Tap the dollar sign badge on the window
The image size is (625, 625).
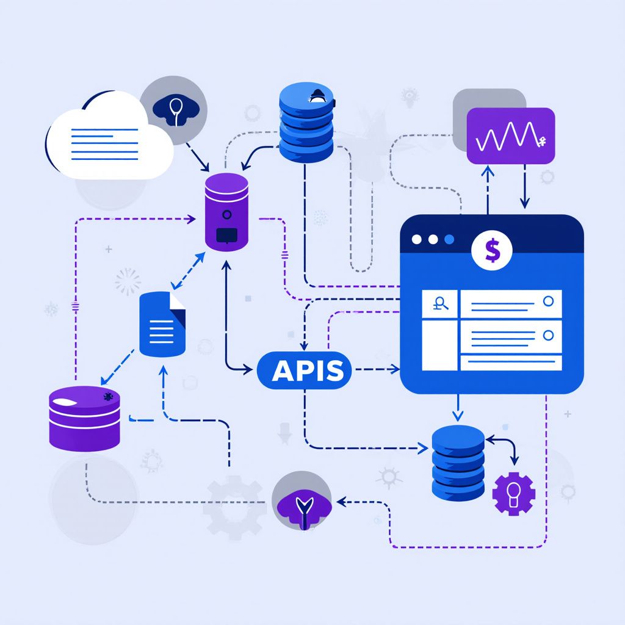[x=492, y=250]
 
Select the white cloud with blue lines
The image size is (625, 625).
[x=110, y=135]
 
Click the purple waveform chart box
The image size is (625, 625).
[x=511, y=135]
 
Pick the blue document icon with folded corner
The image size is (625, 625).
[x=162, y=324]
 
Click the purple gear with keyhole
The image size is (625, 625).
[x=514, y=493]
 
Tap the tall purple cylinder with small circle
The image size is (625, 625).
[x=226, y=212]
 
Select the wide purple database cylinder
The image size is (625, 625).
[x=84, y=419]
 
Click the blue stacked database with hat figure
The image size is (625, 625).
[x=306, y=122]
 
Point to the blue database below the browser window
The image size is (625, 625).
[x=458, y=463]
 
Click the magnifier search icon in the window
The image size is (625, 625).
[x=440, y=304]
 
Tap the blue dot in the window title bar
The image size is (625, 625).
[x=449, y=239]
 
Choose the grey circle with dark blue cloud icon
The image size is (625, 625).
[x=173, y=110]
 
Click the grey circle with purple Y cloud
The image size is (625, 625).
[x=302, y=500]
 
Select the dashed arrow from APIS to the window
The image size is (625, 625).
[x=377, y=369]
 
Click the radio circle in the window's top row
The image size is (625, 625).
[x=549, y=301]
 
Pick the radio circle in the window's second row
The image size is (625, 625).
[x=549, y=335]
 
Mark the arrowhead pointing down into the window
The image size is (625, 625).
[x=525, y=203]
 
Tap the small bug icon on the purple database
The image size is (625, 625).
[x=108, y=396]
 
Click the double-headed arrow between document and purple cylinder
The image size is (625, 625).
[x=188, y=271]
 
